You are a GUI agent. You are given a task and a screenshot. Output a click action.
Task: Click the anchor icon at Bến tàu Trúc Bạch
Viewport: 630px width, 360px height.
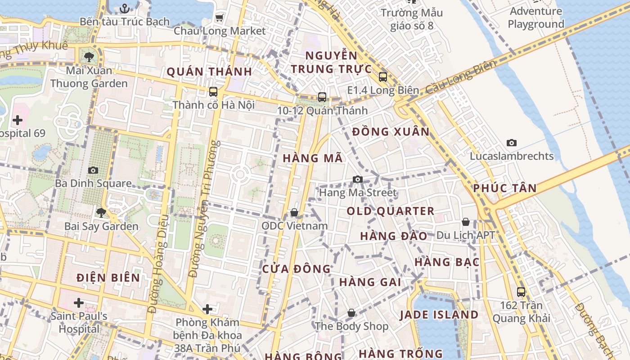pos(125,8)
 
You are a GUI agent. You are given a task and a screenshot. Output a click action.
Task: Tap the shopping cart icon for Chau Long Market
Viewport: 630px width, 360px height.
pos(219,18)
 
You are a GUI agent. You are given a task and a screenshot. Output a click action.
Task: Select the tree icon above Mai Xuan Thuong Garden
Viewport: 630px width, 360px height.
pos(89,57)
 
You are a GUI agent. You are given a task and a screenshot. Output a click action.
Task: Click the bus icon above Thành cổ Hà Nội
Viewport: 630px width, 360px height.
pos(213,92)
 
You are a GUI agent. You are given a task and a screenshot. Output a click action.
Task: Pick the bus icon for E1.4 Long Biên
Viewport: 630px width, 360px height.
pos(382,77)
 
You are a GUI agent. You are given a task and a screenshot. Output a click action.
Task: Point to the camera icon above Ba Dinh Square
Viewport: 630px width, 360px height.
pos(93,170)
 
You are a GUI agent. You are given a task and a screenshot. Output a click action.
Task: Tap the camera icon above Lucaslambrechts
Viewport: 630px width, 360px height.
pos(511,143)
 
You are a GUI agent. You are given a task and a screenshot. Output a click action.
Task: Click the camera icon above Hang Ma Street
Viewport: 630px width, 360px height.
pos(358,180)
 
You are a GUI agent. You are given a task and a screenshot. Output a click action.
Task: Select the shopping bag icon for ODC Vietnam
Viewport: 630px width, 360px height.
pos(294,212)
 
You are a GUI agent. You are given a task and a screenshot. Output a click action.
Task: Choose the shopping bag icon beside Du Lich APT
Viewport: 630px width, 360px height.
pos(466,222)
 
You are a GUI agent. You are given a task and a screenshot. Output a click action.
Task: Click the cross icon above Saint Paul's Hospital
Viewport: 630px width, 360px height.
pos(79,302)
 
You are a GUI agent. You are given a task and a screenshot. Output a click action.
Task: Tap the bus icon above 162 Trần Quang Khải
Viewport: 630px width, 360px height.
pos(521,292)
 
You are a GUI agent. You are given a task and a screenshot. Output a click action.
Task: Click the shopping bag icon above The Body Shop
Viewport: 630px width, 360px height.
pos(351,313)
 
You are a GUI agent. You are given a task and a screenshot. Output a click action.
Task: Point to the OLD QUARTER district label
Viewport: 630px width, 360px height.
pos(390,211)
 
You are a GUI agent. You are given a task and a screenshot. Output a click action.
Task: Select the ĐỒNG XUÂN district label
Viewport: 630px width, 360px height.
pos(391,132)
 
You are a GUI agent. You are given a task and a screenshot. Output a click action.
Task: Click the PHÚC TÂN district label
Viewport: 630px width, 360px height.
pos(505,188)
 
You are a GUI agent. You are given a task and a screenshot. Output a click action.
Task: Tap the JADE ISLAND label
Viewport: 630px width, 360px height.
pos(439,315)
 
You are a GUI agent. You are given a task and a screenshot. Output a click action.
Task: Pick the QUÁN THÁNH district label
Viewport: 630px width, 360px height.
pos(209,72)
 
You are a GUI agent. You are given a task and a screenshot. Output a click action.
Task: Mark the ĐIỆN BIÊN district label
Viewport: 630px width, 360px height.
pos(108,277)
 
